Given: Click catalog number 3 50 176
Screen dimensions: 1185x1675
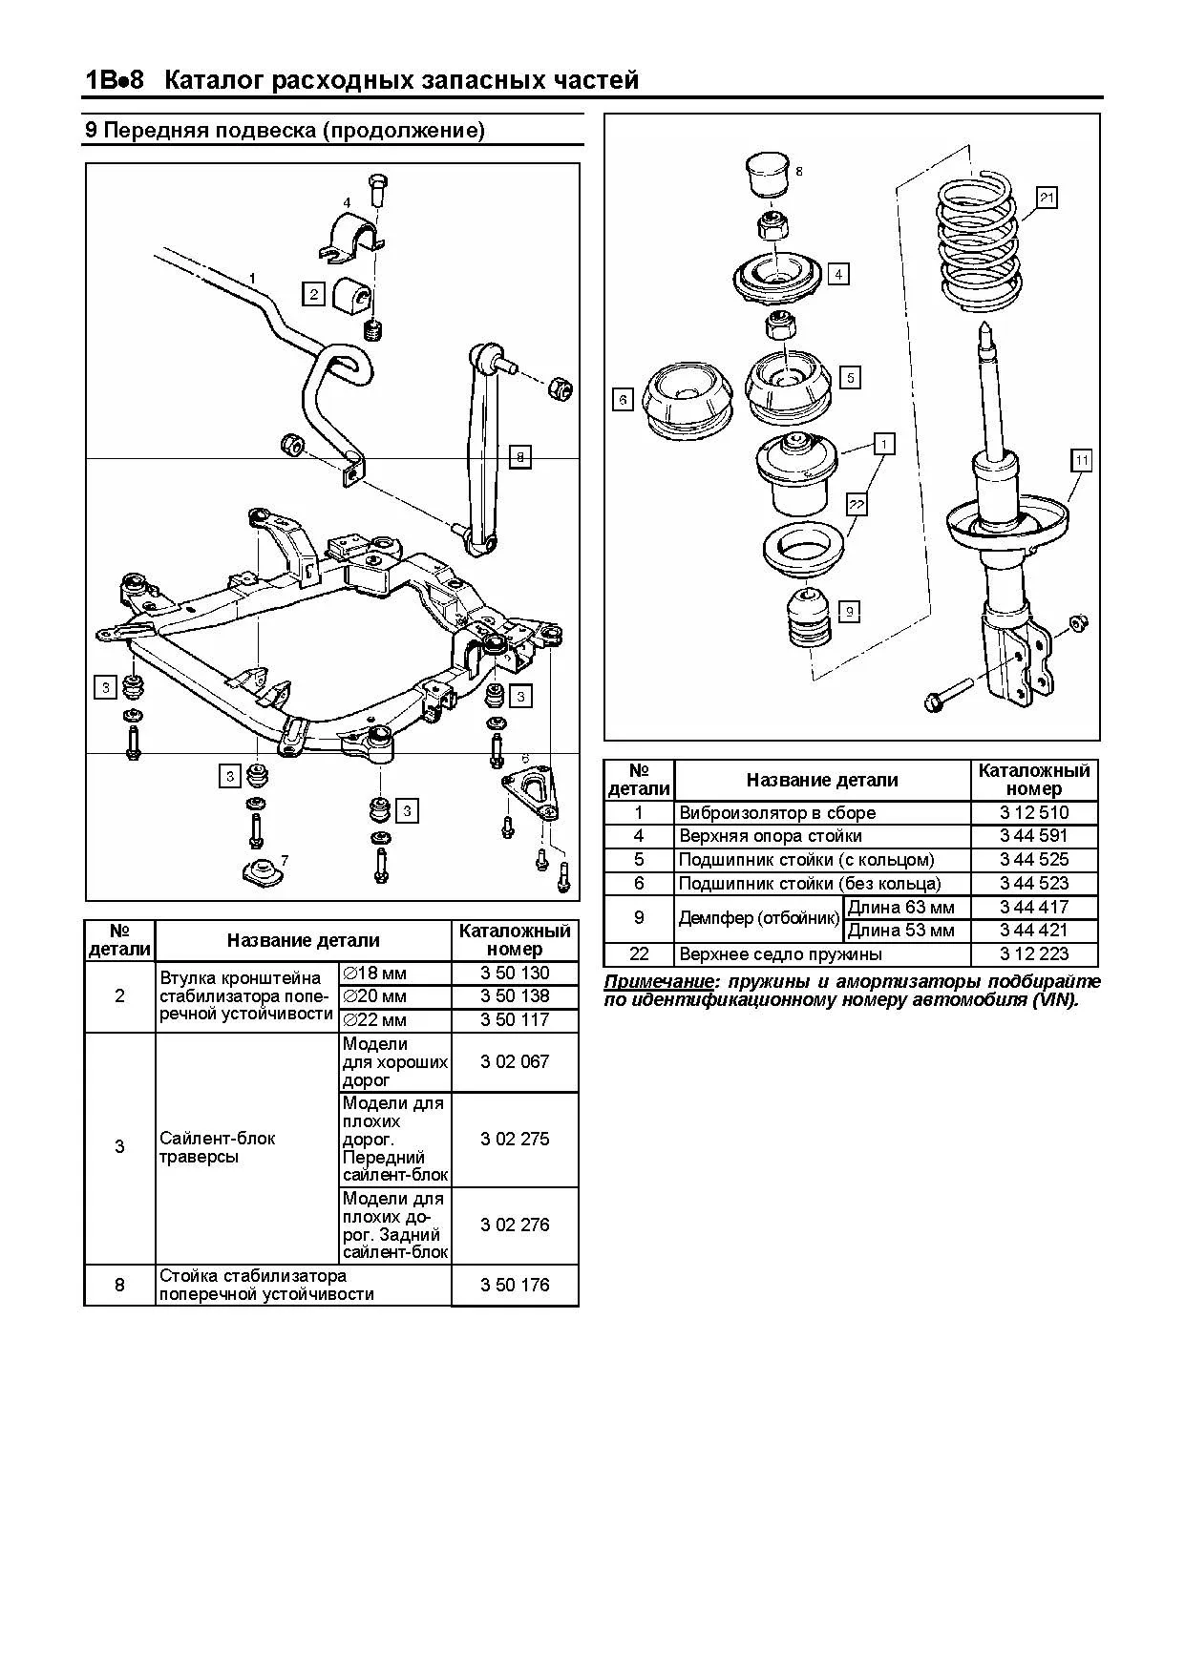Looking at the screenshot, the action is tap(515, 1285).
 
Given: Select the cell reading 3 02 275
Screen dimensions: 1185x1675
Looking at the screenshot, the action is tap(515, 1139).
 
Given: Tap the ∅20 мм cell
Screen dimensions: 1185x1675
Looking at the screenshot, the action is tap(394, 996).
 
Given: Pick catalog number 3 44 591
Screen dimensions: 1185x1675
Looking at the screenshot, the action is tap(1034, 836).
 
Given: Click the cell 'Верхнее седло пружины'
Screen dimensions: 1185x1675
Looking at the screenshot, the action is tap(823, 954).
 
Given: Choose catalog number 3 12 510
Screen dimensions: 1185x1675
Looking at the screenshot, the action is tap(1034, 813).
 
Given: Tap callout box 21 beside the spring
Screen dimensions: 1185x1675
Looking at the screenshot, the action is tap(1047, 198).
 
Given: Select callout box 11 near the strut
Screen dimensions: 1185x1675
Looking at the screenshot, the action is tap(1081, 460).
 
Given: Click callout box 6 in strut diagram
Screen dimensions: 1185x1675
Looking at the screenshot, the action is tap(623, 399).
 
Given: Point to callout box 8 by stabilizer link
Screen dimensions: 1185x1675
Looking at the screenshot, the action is tap(520, 457).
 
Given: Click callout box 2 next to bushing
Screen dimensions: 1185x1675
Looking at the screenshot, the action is tap(314, 293).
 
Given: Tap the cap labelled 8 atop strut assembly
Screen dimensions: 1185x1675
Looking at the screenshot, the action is tap(767, 173).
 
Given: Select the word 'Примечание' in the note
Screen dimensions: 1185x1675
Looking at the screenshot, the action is tap(660, 982).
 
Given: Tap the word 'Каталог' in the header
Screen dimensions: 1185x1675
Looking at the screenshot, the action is tap(214, 80).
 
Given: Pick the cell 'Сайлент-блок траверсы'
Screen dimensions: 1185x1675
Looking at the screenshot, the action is tap(218, 1147).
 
